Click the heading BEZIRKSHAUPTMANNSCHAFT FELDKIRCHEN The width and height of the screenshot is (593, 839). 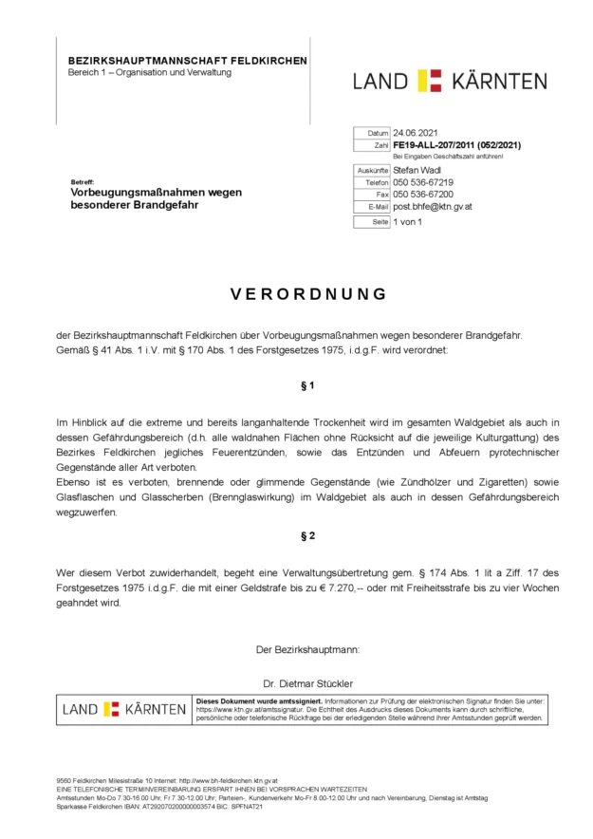187,61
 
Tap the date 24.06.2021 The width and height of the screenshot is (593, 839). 416,133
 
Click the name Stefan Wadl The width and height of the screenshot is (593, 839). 417,170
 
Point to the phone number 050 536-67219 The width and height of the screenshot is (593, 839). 423,182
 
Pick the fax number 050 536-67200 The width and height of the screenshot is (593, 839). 423,195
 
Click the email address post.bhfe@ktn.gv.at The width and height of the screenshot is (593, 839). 433,207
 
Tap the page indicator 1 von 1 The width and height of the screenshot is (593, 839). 408,222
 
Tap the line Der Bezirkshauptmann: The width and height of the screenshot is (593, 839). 307,650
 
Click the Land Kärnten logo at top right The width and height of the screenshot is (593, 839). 450,81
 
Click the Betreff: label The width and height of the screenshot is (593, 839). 83,181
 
